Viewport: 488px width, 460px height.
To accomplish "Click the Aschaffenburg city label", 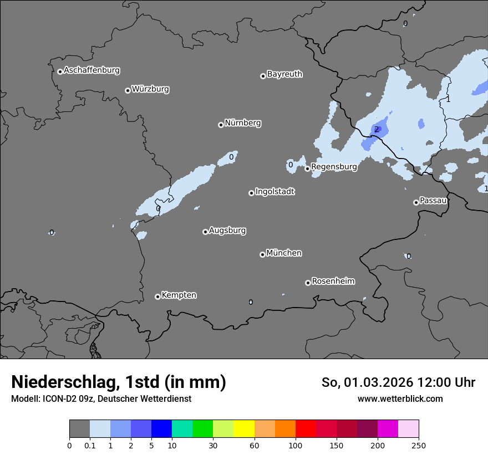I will (91, 70).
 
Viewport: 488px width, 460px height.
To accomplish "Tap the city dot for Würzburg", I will (128, 90).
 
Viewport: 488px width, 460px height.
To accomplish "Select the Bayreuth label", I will (284, 74).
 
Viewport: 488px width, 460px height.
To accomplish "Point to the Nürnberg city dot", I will (221, 125).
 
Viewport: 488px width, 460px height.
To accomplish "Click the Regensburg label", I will (334, 166).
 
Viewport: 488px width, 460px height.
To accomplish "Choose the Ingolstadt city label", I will (274, 192).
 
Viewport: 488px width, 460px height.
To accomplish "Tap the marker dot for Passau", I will (416, 202).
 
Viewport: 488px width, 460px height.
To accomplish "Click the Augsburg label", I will (227, 231).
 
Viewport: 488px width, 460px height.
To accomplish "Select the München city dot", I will (262, 254).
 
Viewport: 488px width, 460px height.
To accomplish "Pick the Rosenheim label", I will (333, 281).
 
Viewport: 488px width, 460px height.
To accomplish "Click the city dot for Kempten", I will (157, 297).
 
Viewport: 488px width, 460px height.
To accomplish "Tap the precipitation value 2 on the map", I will (377, 130).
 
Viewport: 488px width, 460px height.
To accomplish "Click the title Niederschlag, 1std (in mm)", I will (119, 382).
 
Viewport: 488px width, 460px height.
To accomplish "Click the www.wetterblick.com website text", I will (400, 398).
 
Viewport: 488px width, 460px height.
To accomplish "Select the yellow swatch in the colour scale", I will (244, 429).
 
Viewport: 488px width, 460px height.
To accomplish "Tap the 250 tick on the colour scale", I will (419, 445).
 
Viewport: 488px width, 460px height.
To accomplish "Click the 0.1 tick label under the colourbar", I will (90, 445).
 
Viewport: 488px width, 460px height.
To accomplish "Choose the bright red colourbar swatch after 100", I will (306, 429).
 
